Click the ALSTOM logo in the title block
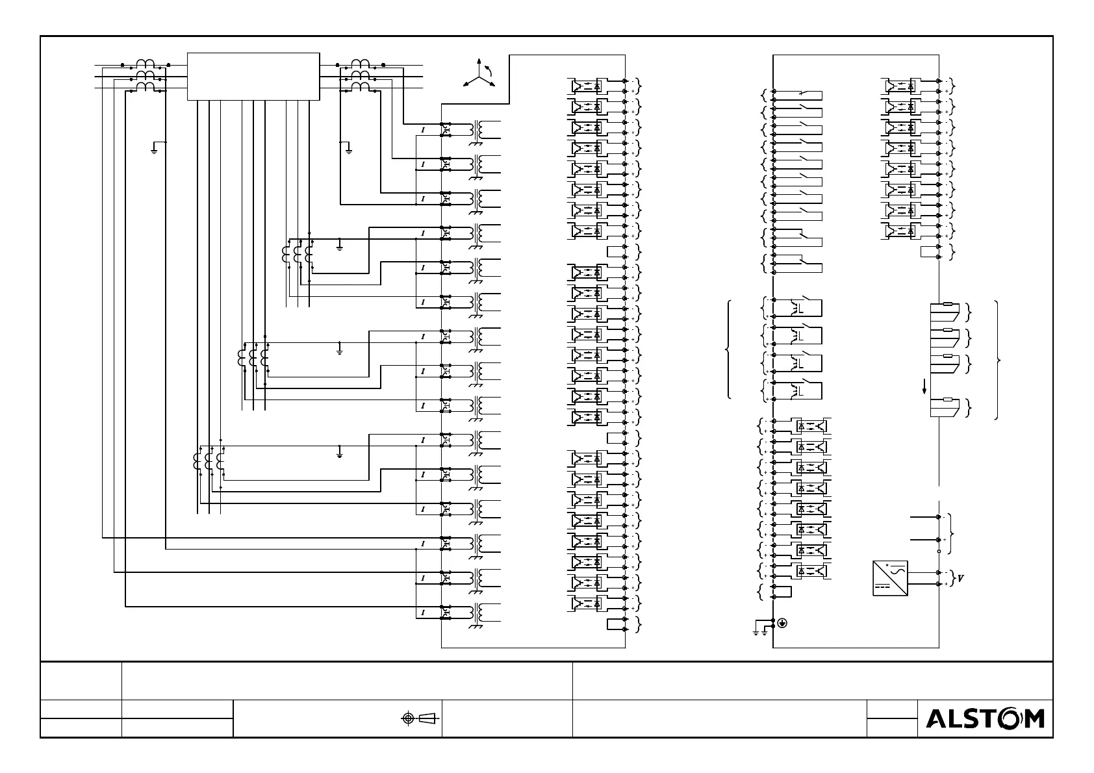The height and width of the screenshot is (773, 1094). (x=985, y=718)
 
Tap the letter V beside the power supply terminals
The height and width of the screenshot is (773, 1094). (x=961, y=578)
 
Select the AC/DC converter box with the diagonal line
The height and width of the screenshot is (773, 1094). (x=889, y=578)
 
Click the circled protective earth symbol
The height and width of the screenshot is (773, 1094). (x=782, y=623)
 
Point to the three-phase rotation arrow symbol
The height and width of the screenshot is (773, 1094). (x=479, y=75)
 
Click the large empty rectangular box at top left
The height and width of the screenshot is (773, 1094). (x=253, y=77)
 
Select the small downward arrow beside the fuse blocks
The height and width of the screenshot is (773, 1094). (x=924, y=387)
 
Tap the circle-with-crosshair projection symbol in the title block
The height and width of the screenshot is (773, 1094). (x=408, y=718)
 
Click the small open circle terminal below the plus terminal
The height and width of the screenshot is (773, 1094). (x=939, y=551)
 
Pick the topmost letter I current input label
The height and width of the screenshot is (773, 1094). (x=423, y=130)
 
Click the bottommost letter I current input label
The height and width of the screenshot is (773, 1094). (x=423, y=613)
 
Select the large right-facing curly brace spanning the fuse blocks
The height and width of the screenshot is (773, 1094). (x=997, y=361)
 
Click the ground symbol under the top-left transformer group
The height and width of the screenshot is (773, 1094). (x=155, y=150)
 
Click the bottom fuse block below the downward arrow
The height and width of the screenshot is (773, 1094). (x=945, y=407)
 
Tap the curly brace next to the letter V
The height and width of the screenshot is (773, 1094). (x=953, y=578)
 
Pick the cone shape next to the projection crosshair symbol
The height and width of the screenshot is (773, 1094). (x=427, y=718)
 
